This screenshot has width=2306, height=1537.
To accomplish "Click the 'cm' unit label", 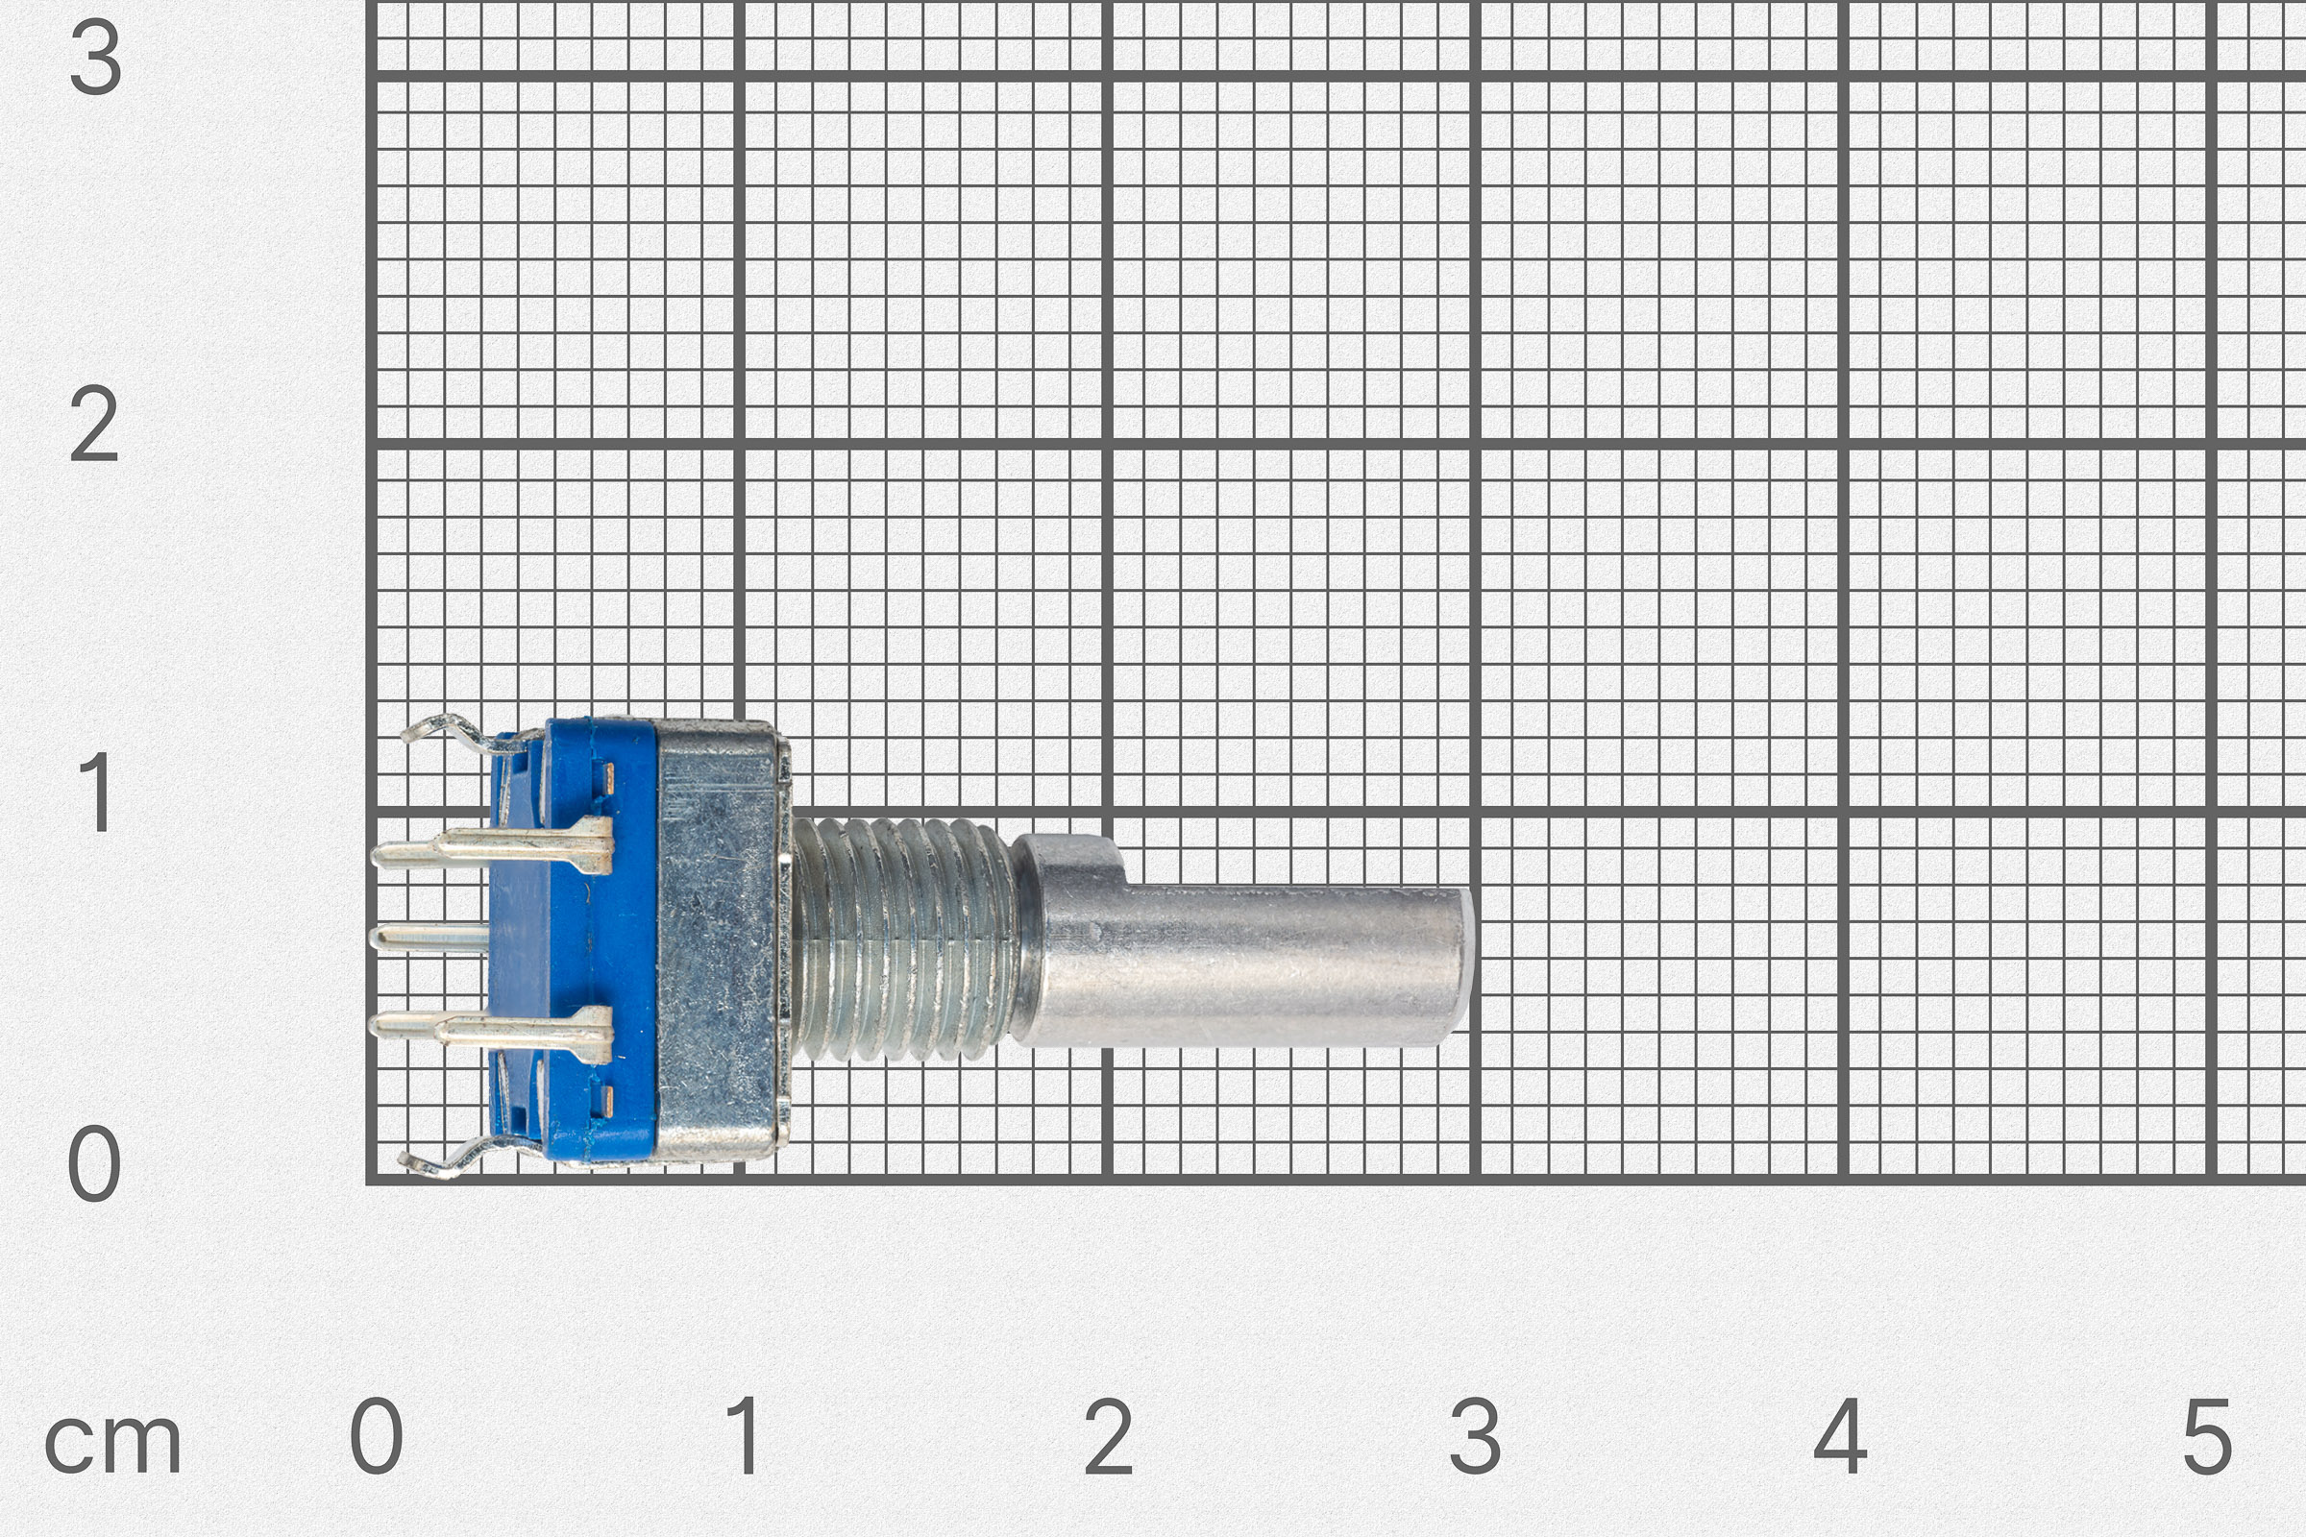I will [x=112, y=1442].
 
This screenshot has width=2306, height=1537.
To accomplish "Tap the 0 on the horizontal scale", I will [x=377, y=1436].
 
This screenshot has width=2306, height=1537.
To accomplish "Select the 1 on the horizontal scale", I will [x=746, y=1436].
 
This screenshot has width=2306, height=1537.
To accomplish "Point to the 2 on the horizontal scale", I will [x=1109, y=1436].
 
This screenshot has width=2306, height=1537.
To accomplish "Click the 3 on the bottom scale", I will [x=1476, y=1436].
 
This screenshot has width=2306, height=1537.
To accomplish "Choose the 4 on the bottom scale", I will [x=1840, y=1436].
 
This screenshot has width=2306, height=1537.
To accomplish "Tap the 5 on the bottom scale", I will [x=2207, y=1436].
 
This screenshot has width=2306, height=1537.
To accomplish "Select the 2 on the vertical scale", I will [x=94, y=425].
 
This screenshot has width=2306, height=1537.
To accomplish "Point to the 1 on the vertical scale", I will [x=96, y=792].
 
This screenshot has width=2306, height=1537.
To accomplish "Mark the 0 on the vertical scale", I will [x=94, y=1163].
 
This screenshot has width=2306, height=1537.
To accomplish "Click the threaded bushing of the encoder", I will [x=902, y=939].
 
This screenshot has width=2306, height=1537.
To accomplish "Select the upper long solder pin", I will [x=490, y=846].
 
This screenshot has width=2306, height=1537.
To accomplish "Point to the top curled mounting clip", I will [x=446, y=730].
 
